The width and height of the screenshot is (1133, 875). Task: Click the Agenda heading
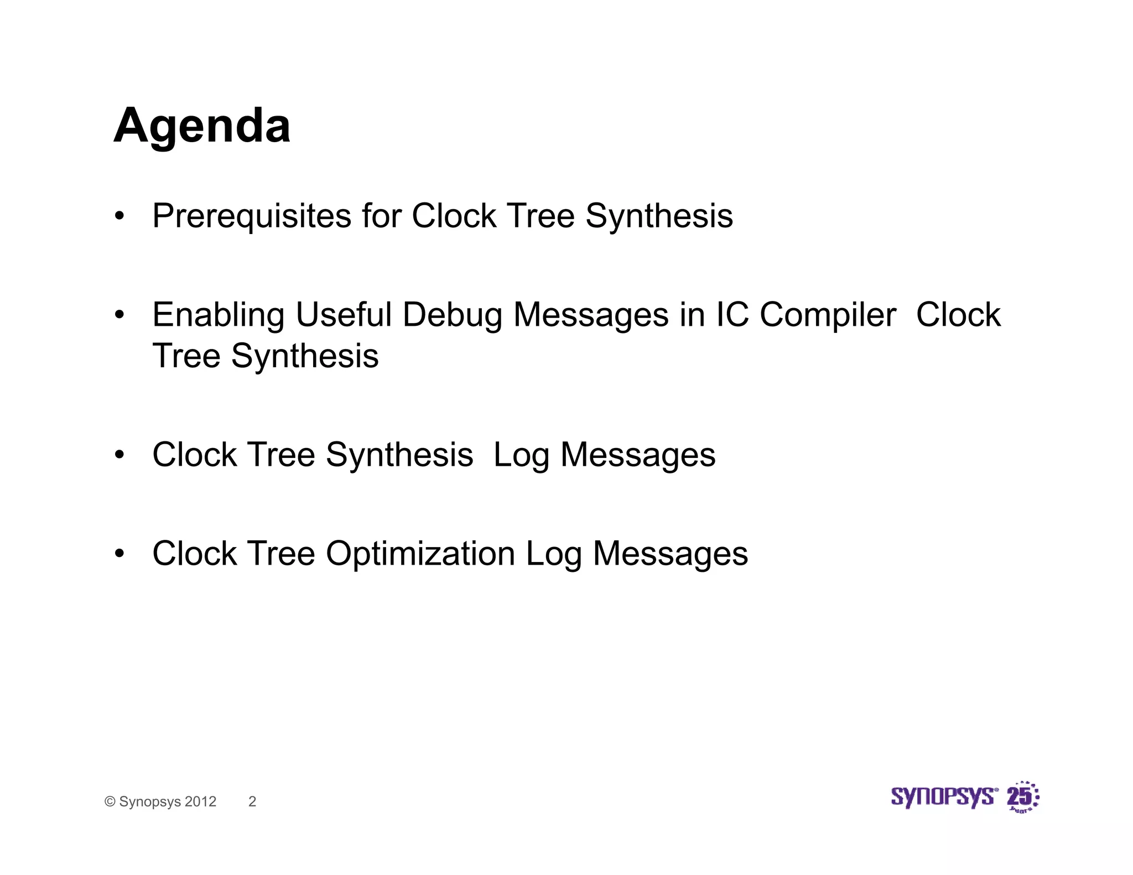tap(202, 127)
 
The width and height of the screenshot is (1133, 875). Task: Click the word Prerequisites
tap(252, 216)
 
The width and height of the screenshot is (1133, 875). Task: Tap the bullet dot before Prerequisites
tap(119, 216)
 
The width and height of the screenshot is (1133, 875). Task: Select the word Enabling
tap(218, 315)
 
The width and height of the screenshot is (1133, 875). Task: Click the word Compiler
tap(828, 315)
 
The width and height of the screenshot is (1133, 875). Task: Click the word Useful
tap(344, 315)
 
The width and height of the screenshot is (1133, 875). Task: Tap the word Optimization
tap(420, 554)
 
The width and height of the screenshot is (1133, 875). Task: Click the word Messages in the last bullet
tap(670, 554)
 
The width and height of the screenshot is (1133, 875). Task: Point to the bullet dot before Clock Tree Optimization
tap(119, 554)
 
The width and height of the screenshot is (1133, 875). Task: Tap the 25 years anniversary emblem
tap(1022, 797)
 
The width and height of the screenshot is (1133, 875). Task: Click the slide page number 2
tap(252, 801)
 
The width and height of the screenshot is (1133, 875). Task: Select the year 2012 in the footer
tap(200, 801)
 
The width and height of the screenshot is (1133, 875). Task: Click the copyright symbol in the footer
tap(110, 801)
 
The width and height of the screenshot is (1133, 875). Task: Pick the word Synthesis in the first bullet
tap(659, 216)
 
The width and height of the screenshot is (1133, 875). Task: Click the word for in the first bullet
tap(382, 216)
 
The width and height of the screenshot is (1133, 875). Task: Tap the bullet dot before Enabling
tap(119, 315)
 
